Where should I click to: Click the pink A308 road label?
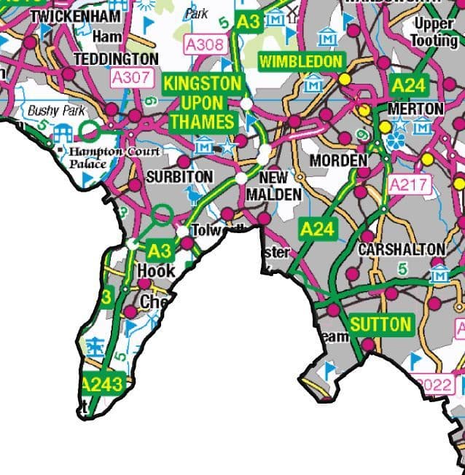[x=205, y=44]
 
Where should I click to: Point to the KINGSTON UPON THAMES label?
[x=201, y=102]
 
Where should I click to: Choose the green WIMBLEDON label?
[x=301, y=60]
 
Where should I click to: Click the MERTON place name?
[x=416, y=109]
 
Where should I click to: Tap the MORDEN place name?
[x=337, y=160]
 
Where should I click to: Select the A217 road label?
[x=410, y=185]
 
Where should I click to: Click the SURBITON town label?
[x=179, y=177]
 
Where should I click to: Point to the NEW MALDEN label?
[x=273, y=187]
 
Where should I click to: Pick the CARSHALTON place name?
[x=401, y=248]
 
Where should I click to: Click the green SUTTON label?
[x=380, y=324]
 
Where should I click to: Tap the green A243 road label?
[x=103, y=384]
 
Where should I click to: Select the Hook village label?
[x=156, y=271]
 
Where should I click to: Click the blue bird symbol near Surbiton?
[x=192, y=194]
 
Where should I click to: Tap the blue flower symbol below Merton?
[x=396, y=139]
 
